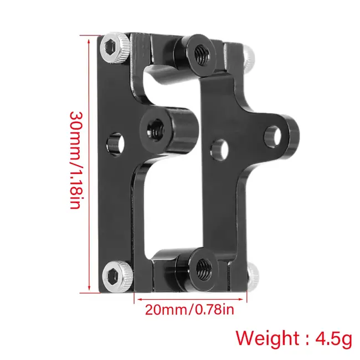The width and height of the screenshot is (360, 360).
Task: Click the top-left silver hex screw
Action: [x=112, y=48]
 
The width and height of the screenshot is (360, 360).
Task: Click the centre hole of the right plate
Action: [x=220, y=149]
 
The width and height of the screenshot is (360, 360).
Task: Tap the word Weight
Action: [x=266, y=338]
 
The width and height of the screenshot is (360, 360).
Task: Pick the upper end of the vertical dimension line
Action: [x=89, y=37]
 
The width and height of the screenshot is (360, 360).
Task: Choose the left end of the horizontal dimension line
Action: [x=135, y=298]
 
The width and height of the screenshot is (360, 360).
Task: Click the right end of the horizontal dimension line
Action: [x=248, y=298]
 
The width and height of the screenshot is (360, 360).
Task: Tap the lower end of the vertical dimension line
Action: [x=89, y=291]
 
